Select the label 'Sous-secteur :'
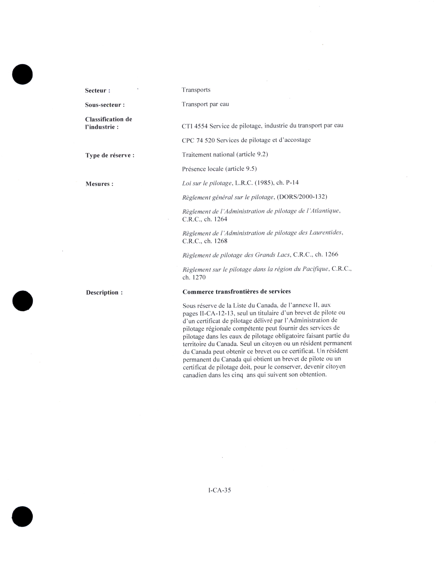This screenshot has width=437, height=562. pos(105,105)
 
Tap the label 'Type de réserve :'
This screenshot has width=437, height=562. pos(110,155)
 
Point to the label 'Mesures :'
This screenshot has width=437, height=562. pos(99,184)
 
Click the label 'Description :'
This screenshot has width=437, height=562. pos(104,293)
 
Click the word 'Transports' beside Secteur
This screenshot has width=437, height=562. pos(196,90)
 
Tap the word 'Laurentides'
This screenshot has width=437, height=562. pos(326,233)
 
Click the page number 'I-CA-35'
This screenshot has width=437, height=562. pos(219,490)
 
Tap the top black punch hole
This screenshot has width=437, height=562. pos(22,74)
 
